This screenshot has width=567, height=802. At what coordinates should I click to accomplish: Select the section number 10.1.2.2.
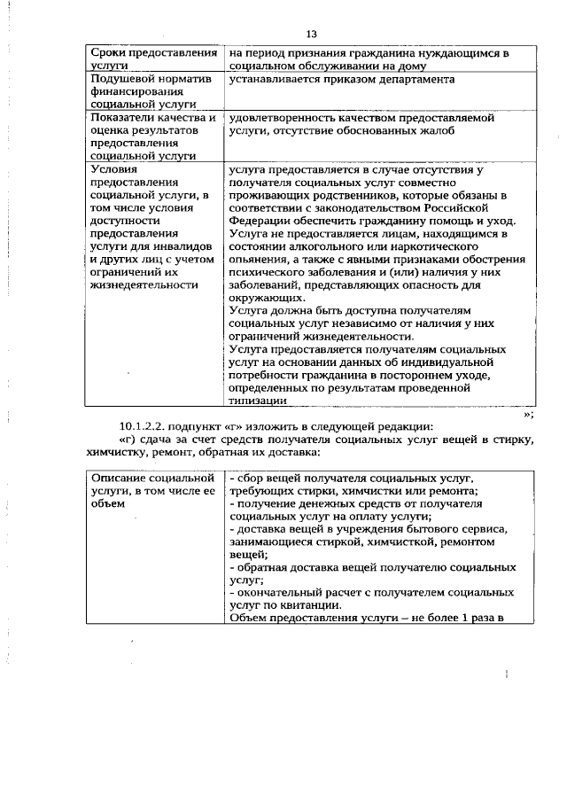(x=147, y=424)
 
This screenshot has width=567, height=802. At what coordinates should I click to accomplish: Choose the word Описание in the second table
(x=122, y=478)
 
